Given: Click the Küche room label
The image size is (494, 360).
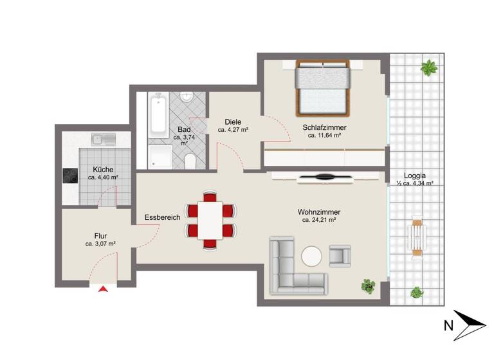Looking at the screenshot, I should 103,170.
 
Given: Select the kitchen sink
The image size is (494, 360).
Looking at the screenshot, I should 104,138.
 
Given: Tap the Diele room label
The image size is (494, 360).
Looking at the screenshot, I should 233,122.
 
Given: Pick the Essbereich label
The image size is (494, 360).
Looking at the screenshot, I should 162,217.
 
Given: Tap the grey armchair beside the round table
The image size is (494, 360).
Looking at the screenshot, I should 340,255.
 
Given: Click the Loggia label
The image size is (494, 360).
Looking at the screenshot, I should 415,175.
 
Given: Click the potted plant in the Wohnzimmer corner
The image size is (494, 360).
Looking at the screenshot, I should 369,285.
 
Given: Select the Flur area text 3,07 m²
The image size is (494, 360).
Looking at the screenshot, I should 100,244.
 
